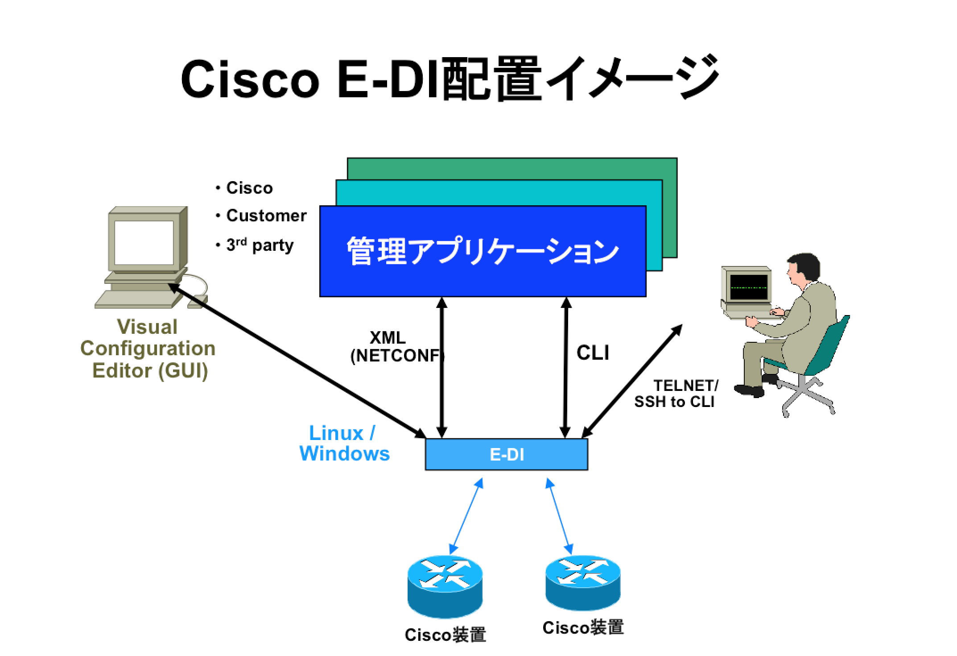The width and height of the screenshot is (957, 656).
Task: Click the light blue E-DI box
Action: click(x=506, y=454)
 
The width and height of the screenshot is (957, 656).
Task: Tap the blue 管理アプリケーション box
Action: click(x=483, y=251)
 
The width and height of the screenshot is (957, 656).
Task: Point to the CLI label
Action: click(x=593, y=353)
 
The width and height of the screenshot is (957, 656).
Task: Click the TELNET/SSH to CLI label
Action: click(x=676, y=394)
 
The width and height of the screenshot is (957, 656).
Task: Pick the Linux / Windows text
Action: click(x=344, y=444)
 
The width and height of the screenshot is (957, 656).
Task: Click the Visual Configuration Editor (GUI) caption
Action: click(x=148, y=349)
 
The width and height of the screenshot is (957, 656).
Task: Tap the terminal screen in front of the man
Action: click(x=749, y=288)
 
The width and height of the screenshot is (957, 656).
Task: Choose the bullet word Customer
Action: click(x=266, y=216)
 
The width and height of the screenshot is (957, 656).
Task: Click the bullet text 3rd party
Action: click(x=260, y=245)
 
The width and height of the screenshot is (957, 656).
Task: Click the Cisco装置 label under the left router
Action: click(x=445, y=635)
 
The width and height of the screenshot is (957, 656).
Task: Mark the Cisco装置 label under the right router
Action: click(x=583, y=627)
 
